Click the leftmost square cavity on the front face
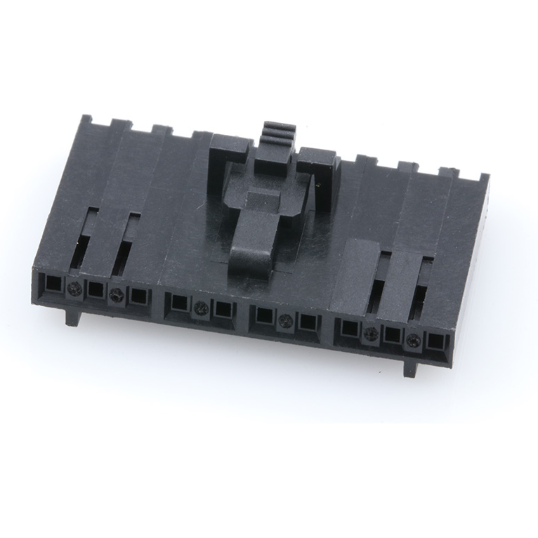(53, 285)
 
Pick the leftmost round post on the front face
(74, 287)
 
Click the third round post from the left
(202, 306)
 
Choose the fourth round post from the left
(285, 321)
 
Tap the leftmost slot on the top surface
(86, 239)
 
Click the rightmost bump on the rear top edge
(448, 171)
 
